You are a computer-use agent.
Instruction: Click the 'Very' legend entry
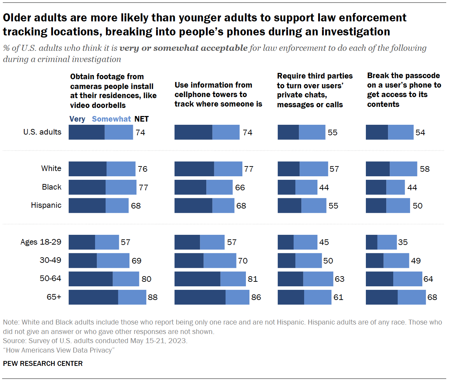77,119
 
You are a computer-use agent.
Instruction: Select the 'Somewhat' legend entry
111,119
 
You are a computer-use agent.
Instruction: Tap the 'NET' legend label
141,119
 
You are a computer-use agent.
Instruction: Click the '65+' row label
54,297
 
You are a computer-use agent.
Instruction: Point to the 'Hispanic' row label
46,205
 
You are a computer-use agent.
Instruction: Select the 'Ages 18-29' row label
41,242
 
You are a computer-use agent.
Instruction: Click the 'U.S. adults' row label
42,132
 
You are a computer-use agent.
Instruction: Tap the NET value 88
153,298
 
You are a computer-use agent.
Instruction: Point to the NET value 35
403,243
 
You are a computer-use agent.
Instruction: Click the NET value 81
253,279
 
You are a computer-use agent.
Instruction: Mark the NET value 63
340,279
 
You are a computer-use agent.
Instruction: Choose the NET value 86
256,298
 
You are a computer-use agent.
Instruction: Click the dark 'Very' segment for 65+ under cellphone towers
200,297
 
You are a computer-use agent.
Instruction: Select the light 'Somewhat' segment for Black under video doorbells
121,187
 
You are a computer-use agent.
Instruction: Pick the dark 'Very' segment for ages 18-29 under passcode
371,242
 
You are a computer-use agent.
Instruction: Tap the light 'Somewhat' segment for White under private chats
314,169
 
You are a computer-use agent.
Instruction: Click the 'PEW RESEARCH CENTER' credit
43,364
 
